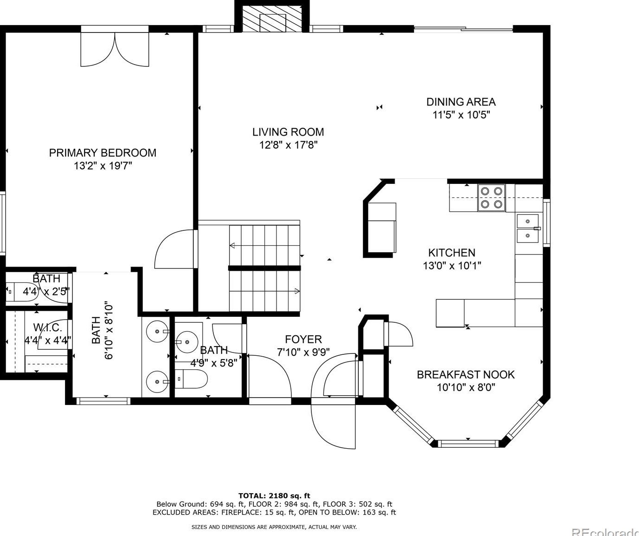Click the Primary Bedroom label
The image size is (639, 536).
(103, 153)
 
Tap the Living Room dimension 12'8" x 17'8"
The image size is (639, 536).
(288, 145)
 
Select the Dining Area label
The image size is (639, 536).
(461, 102)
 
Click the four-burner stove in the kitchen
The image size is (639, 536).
(492, 198)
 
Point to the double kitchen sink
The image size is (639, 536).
(528, 228)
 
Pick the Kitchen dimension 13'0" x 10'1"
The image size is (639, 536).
(452, 266)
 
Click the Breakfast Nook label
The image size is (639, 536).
(466, 375)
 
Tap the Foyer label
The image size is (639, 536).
(303, 339)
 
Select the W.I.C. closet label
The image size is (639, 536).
(48, 327)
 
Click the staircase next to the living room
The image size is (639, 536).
(264, 268)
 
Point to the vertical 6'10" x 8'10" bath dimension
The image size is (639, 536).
(109, 332)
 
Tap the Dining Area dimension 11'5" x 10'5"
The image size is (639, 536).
(461, 115)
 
